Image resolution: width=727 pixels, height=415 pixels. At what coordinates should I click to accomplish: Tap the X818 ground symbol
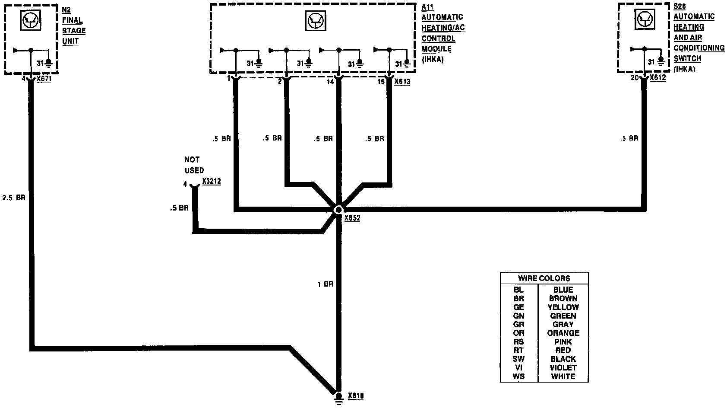point(338,398)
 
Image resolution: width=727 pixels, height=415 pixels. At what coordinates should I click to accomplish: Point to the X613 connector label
point(402,81)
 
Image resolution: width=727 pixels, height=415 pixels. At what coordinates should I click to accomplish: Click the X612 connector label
point(657,78)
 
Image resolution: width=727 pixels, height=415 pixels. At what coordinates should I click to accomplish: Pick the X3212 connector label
point(212,182)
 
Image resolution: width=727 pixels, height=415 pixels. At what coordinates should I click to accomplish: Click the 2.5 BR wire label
point(14,198)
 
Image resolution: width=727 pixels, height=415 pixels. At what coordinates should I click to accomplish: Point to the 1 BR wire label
point(325,284)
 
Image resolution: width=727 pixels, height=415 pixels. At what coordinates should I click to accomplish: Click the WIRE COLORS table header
point(544,278)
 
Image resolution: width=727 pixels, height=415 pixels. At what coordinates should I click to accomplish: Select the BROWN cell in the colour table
point(563,298)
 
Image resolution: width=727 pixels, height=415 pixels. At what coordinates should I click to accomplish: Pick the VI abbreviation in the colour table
point(518,367)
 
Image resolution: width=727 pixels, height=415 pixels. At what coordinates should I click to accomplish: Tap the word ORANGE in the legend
point(563,333)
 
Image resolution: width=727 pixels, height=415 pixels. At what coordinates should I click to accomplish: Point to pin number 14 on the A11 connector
point(330,82)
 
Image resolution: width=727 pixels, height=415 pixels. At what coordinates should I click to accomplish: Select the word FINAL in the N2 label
point(73,20)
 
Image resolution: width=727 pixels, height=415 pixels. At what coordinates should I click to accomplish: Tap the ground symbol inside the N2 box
point(49,63)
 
